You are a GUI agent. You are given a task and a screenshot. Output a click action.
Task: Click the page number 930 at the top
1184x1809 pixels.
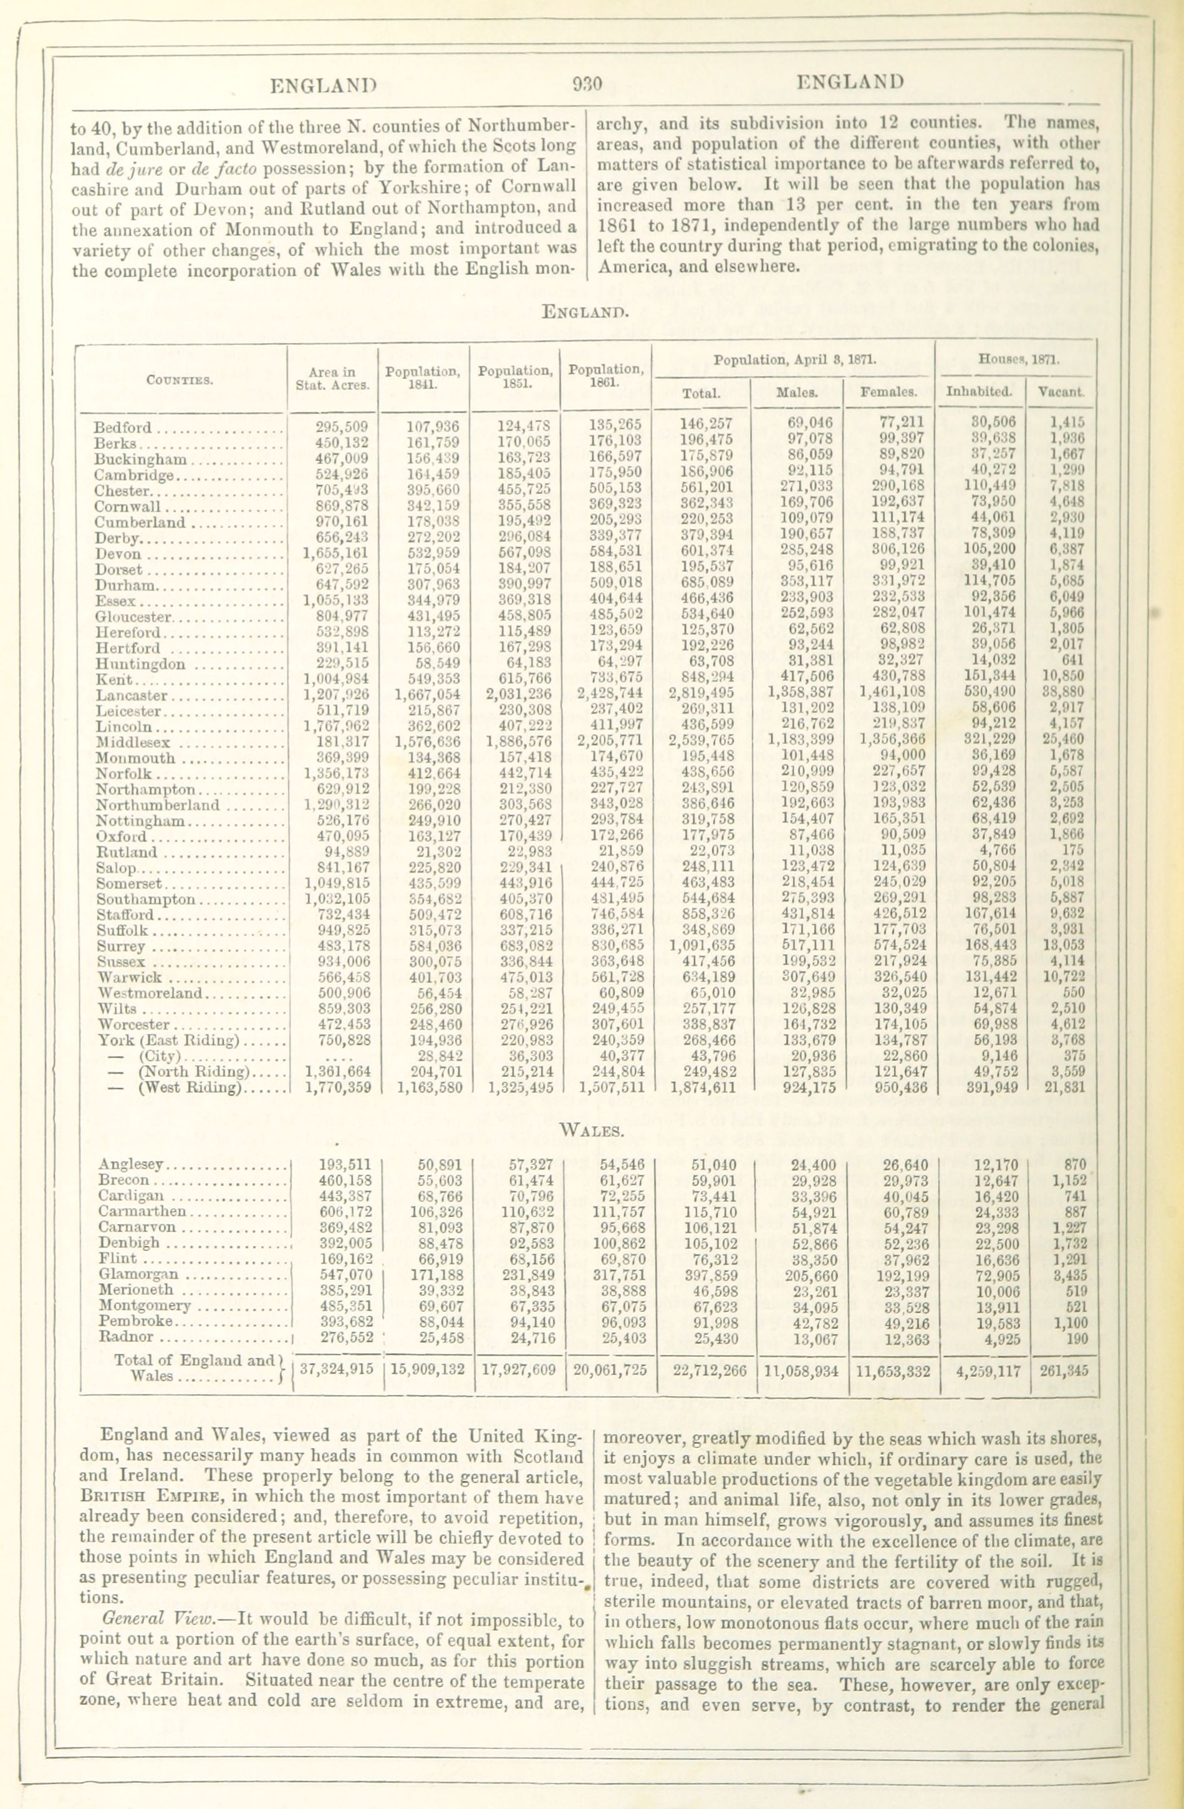coord(587,84)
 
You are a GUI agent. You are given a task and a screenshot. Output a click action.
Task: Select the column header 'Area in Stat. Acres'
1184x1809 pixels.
coord(333,378)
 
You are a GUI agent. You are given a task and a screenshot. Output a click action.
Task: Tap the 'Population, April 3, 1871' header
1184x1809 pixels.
coord(794,358)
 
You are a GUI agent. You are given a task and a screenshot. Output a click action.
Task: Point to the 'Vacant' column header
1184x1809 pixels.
coord(1062,393)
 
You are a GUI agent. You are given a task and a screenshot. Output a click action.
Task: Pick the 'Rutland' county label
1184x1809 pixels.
coord(126,851)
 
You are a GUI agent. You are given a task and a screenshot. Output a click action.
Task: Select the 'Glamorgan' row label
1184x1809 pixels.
coord(138,1274)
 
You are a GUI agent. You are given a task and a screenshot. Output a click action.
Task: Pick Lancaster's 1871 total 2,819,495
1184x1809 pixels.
coord(701,692)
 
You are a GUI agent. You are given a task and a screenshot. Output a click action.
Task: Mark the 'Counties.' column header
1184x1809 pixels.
coord(180,378)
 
